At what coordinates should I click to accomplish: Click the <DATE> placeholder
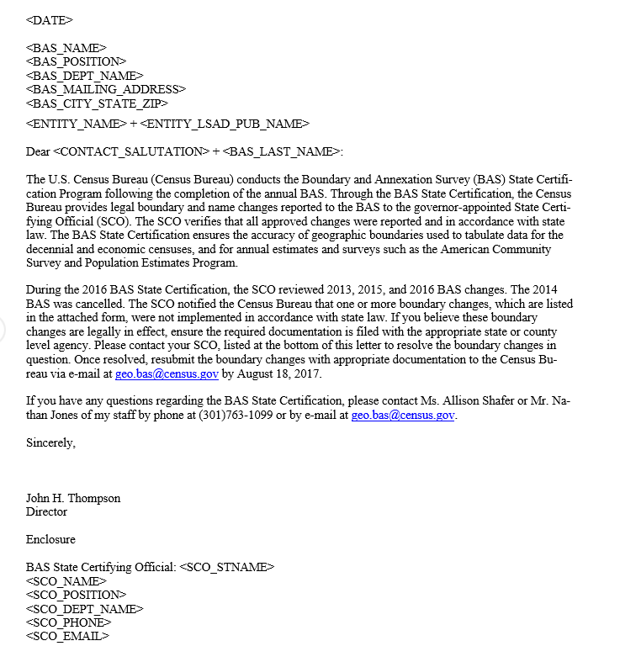pyautogui.click(x=50, y=19)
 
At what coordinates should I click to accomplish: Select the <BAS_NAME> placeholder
pyautogui.click(x=66, y=48)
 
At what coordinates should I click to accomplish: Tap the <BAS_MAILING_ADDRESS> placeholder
pyautogui.click(x=106, y=89)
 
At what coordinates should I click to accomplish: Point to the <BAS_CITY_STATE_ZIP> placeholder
pyautogui.click(x=97, y=103)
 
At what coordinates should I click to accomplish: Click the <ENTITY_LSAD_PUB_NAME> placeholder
pyautogui.click(x=225, y=124)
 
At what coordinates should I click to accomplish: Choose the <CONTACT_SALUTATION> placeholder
pyautogui.click(x=131, y=151)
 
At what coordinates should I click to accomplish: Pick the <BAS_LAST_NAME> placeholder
pyautogui.click(x=282, y=151)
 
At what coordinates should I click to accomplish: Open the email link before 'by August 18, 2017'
pyautogui.click(x=167, y=373)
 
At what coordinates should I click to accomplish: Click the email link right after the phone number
pyautogui.click(x=403, y=415)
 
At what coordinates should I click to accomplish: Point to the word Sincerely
pyautogui.click(x=50, y=442)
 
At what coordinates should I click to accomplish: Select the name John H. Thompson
pyautogui.click(x=73, y=498)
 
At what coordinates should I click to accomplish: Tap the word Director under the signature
pyautogui.click(x=46, y=511)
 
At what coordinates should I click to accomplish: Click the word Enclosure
pyautogui.click(x=50, y=539)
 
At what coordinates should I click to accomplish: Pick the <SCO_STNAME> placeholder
pyautogui.click(x=227, y=567)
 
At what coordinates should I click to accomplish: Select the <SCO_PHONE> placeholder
pyautogui.click(x=68, y=622)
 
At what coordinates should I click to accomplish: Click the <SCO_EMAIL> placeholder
pyautogui.click(x=67, y=636)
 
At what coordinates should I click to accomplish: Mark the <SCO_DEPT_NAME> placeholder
pyautogui.click(x=85, y=608)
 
